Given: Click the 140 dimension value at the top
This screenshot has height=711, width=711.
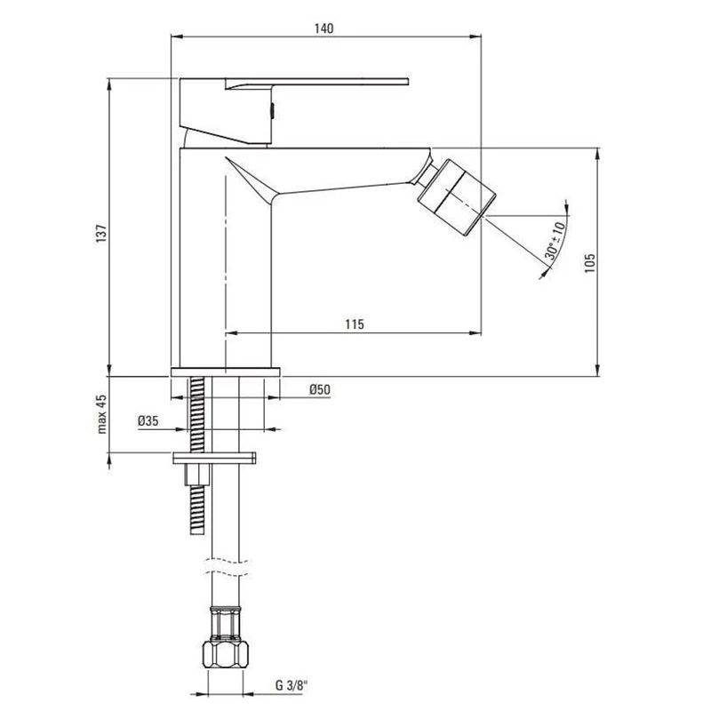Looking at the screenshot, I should [324, 28].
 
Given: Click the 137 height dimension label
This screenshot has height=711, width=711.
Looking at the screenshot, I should [102, 232].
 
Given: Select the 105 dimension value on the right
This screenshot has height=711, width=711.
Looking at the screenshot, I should [587, 258].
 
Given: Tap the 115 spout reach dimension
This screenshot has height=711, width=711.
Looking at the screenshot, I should [354, 325].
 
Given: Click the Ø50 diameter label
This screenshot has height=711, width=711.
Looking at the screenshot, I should [320, 389].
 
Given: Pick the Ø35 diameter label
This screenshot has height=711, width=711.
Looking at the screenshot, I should [148, 421].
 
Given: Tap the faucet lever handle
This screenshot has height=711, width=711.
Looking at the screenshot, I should [311, 84].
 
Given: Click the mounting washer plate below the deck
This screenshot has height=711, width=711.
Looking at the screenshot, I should [218, 459].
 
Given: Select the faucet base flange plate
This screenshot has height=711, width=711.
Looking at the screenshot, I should [225, 370].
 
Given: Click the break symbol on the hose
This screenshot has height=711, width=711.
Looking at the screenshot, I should [226, 563].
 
